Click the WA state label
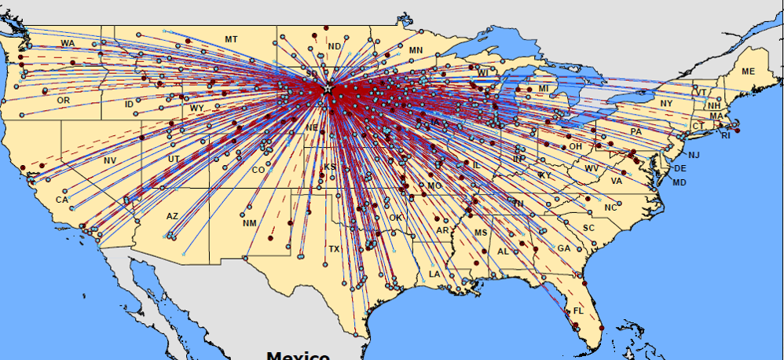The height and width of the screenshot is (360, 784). tap(68, 42)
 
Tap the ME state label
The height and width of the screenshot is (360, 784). tap(748, 72)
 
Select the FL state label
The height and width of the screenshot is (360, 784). tap(578, 311)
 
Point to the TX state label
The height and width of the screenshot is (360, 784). tap(334, 249)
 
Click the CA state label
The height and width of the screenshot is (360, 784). tap(62, 200)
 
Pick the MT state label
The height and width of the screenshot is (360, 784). tap(231, 39)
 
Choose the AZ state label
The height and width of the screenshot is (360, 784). tap(172, 215)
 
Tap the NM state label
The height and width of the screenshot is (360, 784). tap(250, 223)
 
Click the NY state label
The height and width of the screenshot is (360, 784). tap(667, 104)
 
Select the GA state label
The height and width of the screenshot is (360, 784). tap(563, 248)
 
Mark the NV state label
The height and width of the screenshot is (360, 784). tap(109, 160)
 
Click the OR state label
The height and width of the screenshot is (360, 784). tap(64, 101)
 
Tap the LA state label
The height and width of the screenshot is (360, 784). tap(434, 274)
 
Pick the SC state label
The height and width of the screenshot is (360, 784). tap(588, 228)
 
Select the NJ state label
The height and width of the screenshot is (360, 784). tap(693, 155)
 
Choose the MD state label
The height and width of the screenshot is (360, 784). tap(680, 182)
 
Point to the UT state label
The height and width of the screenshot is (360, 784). tap(173, 159)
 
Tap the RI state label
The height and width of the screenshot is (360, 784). tap(725, 136)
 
